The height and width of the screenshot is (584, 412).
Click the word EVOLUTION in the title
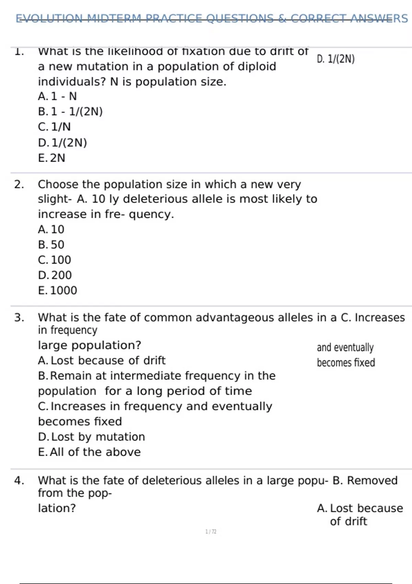49,18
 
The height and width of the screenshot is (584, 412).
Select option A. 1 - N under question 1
57,96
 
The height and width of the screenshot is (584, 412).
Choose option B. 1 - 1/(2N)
70,112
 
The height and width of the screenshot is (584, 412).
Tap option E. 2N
51,158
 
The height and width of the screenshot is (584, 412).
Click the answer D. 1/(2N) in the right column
335,59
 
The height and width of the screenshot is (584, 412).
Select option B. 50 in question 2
51,245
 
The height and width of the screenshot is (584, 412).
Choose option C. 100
55,260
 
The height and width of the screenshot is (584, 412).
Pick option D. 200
55,275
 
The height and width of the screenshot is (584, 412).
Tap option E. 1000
58,291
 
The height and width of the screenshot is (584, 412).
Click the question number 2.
19,184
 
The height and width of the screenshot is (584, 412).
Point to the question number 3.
19,317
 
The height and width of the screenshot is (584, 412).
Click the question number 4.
19,480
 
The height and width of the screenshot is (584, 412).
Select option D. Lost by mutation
91,437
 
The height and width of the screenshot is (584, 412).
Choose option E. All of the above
89,452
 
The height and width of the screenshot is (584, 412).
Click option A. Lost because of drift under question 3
102,360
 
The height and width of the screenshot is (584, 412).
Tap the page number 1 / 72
211,532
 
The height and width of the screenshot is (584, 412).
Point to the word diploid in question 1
255,66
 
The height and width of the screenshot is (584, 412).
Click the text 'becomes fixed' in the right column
346,363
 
